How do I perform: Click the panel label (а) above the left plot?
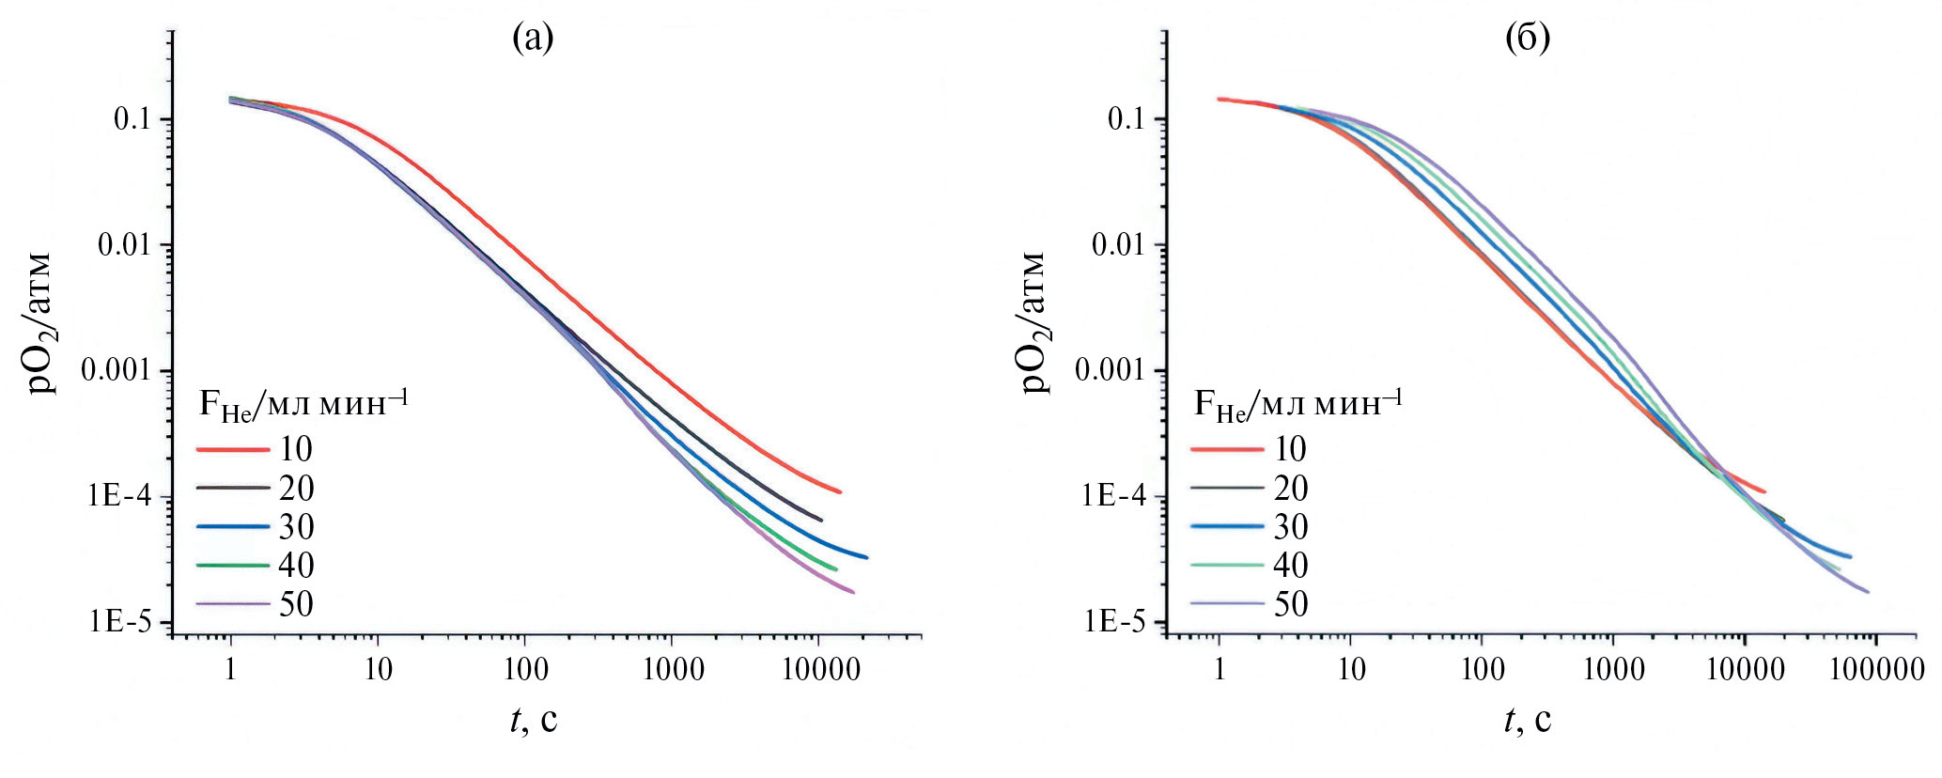[533, 38]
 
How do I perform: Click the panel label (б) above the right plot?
[1527, 38]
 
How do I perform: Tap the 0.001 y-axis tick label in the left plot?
[116, 370]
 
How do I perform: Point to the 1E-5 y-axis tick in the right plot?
[1113, 621]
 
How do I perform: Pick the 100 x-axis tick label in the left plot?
[524, 669]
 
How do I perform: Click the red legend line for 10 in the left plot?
[232, 450]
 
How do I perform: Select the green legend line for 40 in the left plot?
[232, 566]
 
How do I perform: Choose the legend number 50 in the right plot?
[1291, 604]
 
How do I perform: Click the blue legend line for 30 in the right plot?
[1227, 527]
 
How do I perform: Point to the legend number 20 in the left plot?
[296, 489]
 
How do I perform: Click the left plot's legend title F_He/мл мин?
[303, 404]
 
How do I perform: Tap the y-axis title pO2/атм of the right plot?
[1033, 322]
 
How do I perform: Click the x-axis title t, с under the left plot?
[534, 720]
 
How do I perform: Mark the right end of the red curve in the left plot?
[840, 491]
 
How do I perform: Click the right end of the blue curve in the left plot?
[866, 557]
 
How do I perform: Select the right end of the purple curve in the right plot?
[1868, 592]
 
